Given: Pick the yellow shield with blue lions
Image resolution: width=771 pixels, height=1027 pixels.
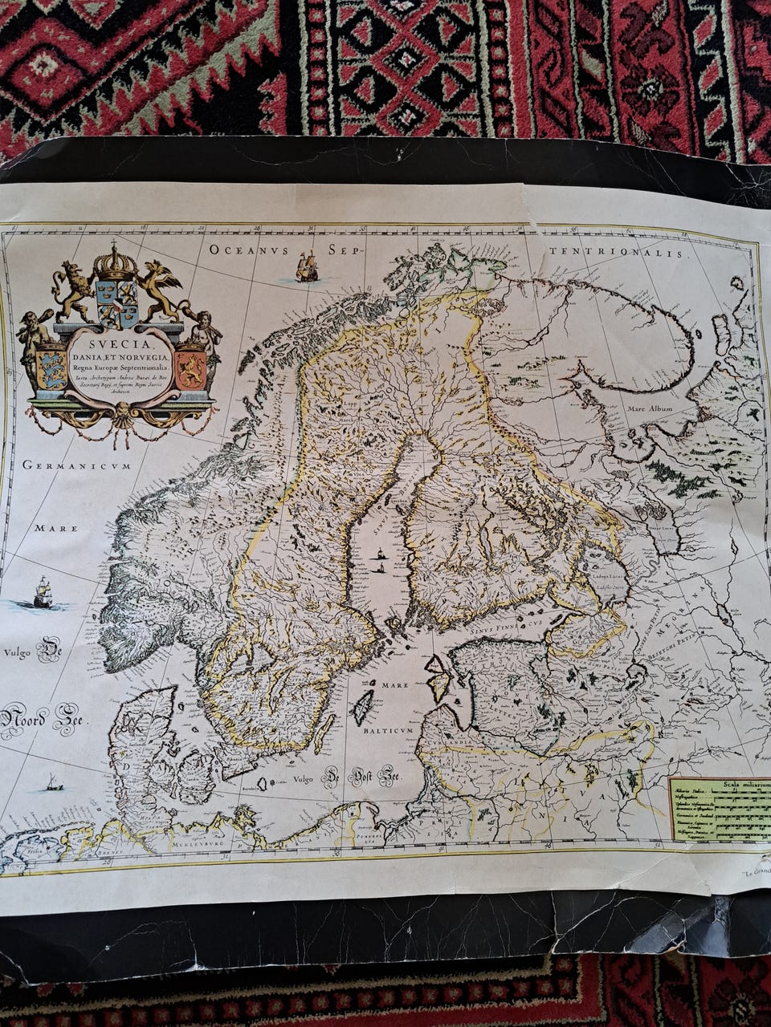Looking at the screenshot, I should (51, 367).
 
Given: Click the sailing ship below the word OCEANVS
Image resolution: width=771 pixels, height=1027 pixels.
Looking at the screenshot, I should (305, 266).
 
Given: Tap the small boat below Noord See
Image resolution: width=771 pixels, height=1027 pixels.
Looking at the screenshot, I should (52, 782).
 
